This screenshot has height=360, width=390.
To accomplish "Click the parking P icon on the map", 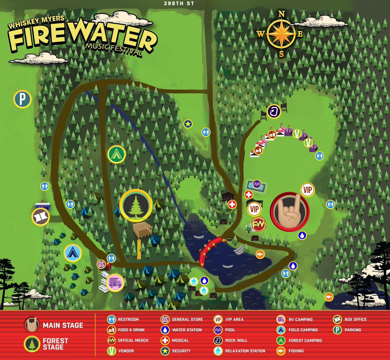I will tap(22, 99).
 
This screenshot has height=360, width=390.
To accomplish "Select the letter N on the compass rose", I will tap(282, 14).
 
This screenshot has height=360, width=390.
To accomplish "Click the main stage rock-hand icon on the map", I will tap(290, 211).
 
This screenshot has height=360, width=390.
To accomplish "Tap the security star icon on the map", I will tap(188, 124).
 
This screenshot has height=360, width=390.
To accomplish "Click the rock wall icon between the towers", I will tap(274, 111).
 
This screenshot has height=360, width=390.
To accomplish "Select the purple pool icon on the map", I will tap(257, 184).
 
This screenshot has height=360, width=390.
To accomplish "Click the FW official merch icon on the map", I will tap(259, 224).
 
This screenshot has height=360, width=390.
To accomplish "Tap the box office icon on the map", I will tap(41, 217).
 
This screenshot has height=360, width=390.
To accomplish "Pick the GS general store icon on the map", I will tap(101, 264).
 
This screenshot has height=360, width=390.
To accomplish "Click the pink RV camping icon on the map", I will tap(115, 283).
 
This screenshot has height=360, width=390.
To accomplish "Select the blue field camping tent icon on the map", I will tap(73, 253).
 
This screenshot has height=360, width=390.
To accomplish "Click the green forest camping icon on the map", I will tap(117, 154).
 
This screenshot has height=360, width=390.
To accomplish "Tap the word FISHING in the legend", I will tap(296, 351).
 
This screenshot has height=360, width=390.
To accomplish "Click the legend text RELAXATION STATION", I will tap(245, 351).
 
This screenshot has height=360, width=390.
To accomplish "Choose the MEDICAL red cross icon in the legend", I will tap(165, 340).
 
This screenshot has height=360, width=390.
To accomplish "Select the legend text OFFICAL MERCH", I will tap(133, 340).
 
